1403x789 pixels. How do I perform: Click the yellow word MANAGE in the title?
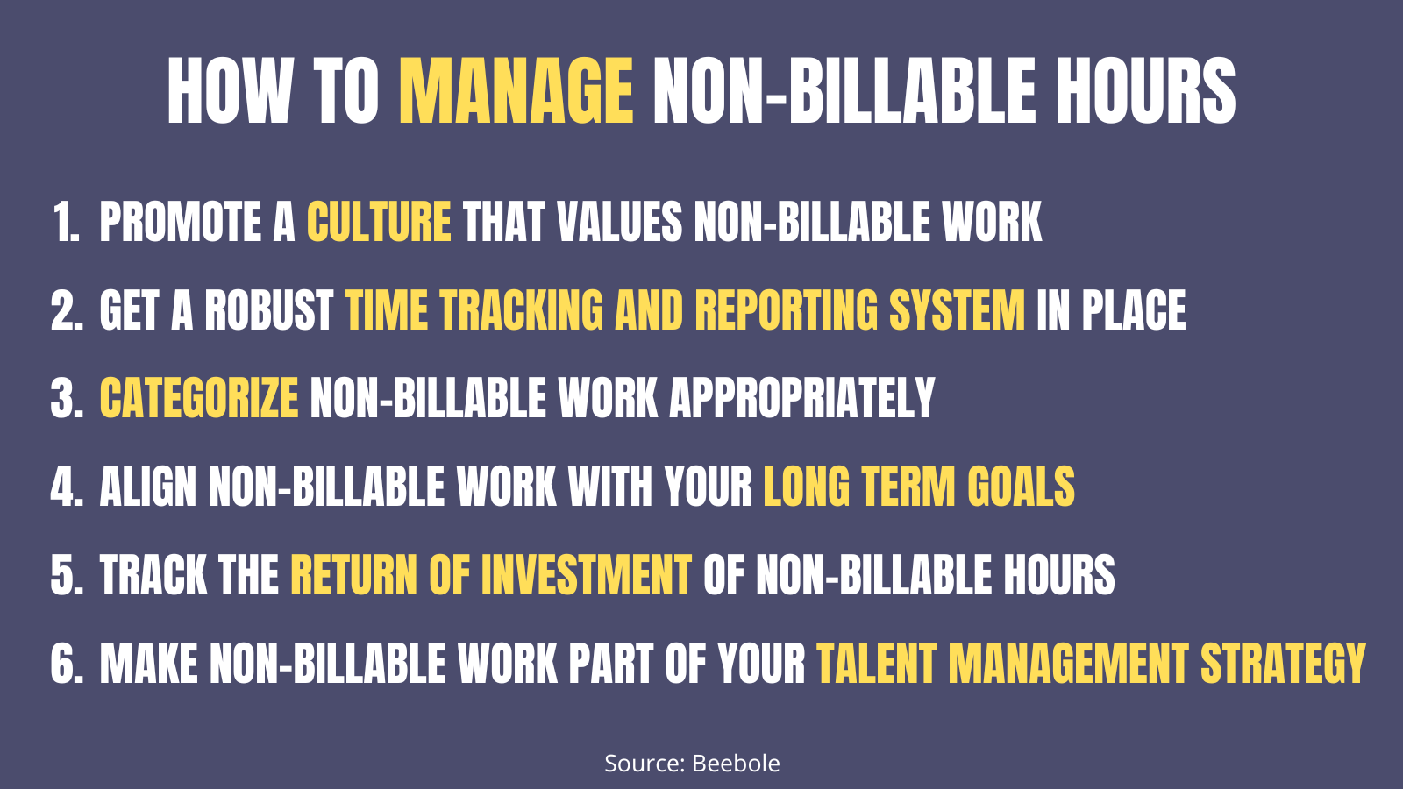tap(516, 92)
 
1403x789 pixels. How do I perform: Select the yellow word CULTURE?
tap(379, 222)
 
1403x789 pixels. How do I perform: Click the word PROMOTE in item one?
tap(180, 222)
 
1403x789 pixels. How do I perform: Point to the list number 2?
tap(65, 311)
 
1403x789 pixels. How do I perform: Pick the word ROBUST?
tap(269, 311)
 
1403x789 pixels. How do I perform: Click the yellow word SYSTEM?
tap(957, 311)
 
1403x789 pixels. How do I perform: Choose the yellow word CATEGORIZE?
tap(199, 399)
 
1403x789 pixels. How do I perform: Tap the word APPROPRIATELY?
tap(802, 399)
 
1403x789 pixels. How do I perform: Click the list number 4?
tap(65, 487)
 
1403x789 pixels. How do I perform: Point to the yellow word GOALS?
tap(1021, 487)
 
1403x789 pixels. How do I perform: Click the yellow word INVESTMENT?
tap(586, 576)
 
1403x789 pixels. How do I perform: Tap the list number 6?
tap(65, 665)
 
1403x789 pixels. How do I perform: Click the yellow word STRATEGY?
tap(1283, 665)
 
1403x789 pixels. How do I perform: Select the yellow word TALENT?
tap(876, 665)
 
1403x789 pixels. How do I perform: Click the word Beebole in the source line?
tap(736, 764)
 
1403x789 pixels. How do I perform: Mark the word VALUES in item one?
tap(619, 222)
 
